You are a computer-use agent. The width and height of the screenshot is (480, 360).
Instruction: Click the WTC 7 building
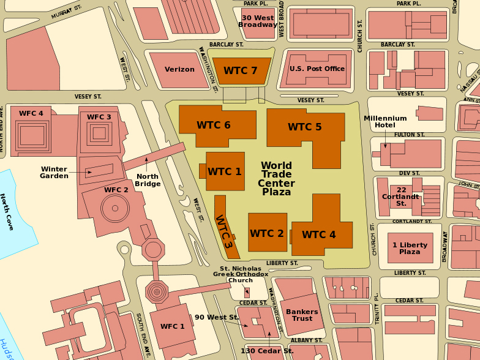241,71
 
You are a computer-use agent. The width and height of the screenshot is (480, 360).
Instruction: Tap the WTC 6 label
214,125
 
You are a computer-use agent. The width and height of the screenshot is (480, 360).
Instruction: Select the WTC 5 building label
304,127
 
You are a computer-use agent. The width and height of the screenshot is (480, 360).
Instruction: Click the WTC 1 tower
225,171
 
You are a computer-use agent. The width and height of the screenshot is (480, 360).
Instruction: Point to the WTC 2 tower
267,233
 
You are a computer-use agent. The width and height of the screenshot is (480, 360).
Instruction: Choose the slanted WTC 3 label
224,232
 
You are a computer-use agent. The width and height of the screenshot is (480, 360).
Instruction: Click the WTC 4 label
318,234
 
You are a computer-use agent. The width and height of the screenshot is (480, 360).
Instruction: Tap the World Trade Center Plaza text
276,179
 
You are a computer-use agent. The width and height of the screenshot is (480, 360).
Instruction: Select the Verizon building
179,70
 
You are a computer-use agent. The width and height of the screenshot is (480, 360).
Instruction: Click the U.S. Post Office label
317,69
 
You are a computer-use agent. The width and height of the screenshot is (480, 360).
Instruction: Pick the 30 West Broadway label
258,21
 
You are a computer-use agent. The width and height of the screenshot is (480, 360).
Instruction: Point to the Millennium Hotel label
385,121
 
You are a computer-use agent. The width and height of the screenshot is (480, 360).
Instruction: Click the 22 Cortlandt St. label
402,196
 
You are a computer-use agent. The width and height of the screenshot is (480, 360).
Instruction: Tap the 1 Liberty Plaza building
410,248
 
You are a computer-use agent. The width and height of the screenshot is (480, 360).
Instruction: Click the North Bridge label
147,180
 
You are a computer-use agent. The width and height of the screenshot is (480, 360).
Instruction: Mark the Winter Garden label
54,172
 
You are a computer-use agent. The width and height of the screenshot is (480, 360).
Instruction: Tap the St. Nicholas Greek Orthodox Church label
241,274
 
